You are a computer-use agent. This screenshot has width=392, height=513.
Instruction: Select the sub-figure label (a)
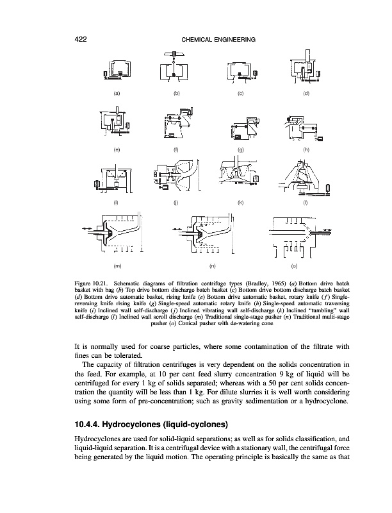(117, 94)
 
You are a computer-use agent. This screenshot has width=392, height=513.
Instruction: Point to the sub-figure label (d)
(306, 94)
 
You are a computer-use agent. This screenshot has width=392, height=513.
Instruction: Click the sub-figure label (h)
(306, 149)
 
